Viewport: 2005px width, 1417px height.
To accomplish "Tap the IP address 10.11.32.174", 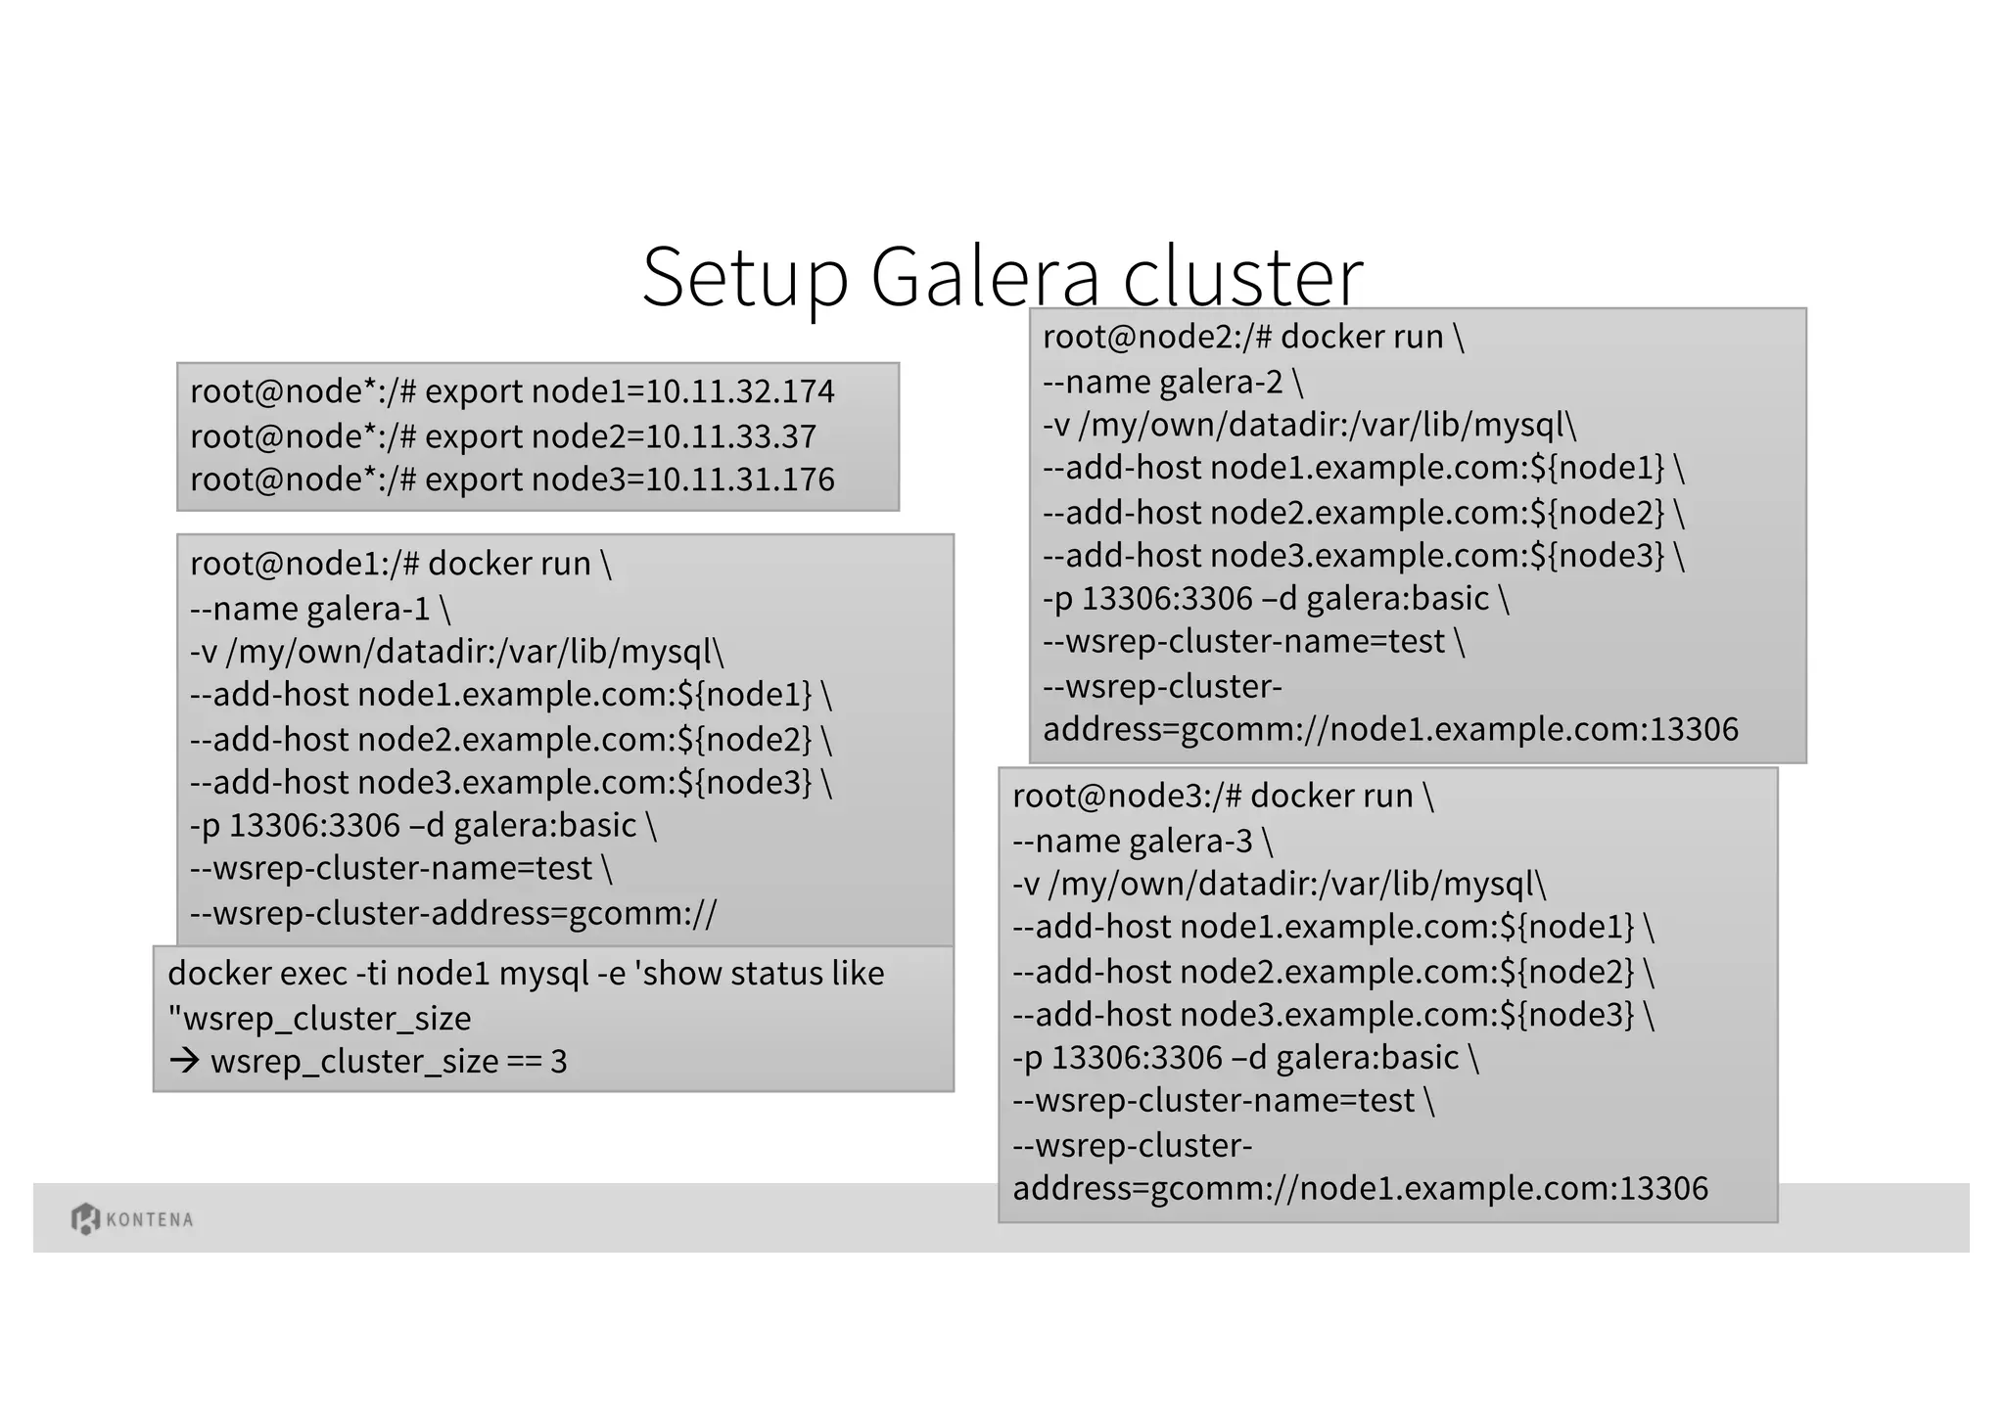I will coord(740,391).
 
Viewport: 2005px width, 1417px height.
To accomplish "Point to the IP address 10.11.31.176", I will coord(740,480).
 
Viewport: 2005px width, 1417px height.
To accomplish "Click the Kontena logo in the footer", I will coord(132,1218).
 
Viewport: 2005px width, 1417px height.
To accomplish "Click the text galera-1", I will coord(369,609).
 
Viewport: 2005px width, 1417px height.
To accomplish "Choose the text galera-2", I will coord(1221,382).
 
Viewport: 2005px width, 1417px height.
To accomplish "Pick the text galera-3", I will coord(1190,841).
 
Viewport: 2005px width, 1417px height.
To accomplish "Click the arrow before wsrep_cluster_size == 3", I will coord(185,1061).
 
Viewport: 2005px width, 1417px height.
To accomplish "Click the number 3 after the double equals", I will coord(559,1062).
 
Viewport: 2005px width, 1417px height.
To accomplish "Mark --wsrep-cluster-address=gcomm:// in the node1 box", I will coord(453,913).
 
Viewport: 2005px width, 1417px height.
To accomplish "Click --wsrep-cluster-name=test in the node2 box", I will coord(1244,642).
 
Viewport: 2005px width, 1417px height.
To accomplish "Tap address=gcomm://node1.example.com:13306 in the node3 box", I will coord(1360,1188).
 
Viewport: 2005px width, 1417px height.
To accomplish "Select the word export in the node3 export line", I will coord(474,480).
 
